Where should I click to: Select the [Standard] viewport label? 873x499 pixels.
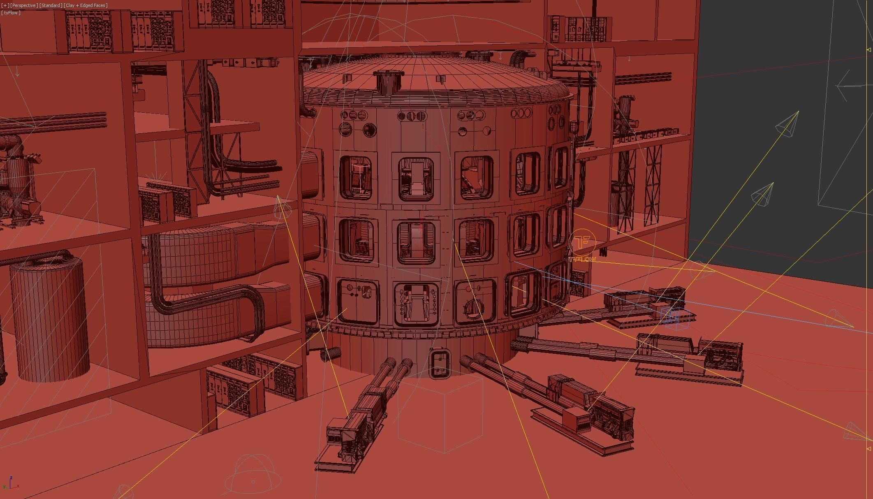[51, 5]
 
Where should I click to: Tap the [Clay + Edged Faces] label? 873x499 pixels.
[86, 5]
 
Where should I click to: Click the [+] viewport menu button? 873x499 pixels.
[5, 5]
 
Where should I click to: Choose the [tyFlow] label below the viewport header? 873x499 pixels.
[11, 13]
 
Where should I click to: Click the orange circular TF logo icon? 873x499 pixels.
[582, 242]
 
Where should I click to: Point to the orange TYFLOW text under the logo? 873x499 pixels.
[582, 259]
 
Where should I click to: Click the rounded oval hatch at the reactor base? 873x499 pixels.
[440, 362]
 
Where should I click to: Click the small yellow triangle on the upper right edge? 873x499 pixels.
[869, 50]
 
